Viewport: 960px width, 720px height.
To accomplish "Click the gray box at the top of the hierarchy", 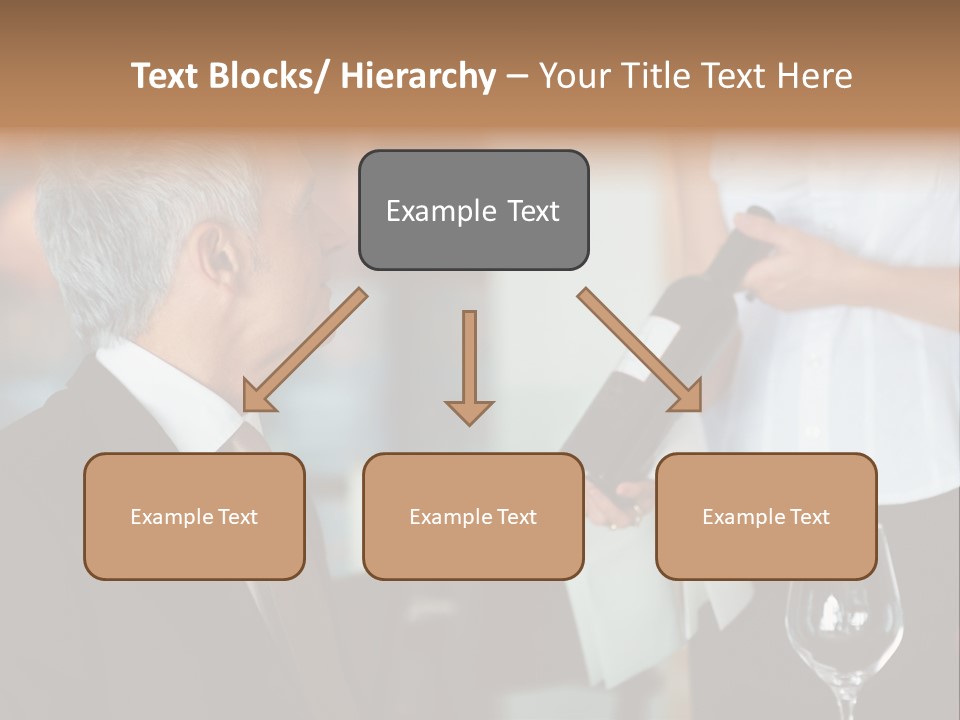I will click(x=473, y=210).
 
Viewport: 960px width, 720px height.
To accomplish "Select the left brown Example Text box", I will click(x=194, y=516).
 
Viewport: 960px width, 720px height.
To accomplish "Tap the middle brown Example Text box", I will click(x=473, y=516).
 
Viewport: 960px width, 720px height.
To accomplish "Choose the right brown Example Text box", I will click(x=766, y=516).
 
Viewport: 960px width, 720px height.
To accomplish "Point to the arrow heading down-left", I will click(x=305, y=351).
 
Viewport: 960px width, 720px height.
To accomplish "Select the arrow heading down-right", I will click(x=640, y=350).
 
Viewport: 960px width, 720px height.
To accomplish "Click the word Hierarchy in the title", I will click(x=417, y=76).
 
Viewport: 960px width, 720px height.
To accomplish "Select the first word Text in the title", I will click(x=167, y=76).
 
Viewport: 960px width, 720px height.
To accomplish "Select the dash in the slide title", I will click(x=517, y=76).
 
